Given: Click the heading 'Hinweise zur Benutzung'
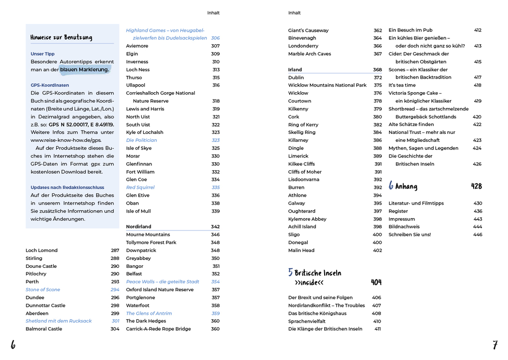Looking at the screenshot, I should coord(61,37).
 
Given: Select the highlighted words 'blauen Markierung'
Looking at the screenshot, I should coord(84,70).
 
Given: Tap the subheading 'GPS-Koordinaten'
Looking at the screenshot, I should coord(50,85).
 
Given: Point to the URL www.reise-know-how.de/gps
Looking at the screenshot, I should coord(66,140).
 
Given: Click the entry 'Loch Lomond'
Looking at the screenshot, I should coord(41,250).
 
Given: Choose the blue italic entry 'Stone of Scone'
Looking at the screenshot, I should coord(43,290).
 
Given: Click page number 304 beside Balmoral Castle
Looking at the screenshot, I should coord(115,329).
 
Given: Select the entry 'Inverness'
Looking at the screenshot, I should coord(137,62).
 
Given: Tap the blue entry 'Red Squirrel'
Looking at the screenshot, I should coord(140,188).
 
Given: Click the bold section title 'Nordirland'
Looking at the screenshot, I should coord(138,227).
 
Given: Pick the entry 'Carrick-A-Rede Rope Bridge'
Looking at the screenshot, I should coord(158,329).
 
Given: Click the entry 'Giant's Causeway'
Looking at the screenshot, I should coord(308,30).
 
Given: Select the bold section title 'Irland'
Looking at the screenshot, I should coord(295,70).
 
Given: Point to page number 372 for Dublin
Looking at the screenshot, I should coord(378,78).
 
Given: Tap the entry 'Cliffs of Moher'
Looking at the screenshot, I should coord(305,172).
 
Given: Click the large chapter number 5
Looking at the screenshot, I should coord(290,272).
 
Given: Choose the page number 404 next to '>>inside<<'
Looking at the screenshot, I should coord(376,282).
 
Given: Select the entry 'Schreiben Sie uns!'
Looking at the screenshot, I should coord(409,235).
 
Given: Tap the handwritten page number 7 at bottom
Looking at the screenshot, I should coord(495,345).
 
